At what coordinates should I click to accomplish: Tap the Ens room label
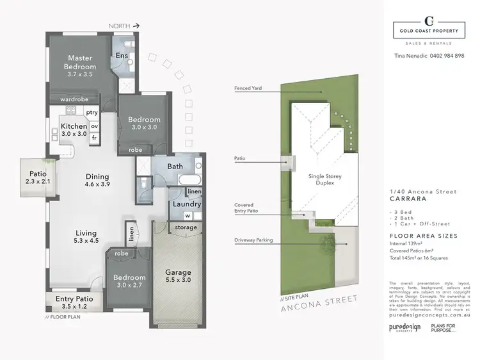tap(121, 56)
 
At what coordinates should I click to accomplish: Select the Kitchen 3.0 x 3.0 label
tap(74, 130)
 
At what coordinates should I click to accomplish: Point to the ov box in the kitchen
tap(93, 126)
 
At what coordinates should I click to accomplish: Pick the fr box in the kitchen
tap(93, 138)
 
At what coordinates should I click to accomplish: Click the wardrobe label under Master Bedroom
tap(74, 99)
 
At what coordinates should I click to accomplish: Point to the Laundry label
tap(187, 204)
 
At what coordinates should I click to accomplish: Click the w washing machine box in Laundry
tap(188, 216)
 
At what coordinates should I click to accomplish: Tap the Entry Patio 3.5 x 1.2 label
tap(74, 303)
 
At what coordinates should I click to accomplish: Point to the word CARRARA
tap(407, 199)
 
